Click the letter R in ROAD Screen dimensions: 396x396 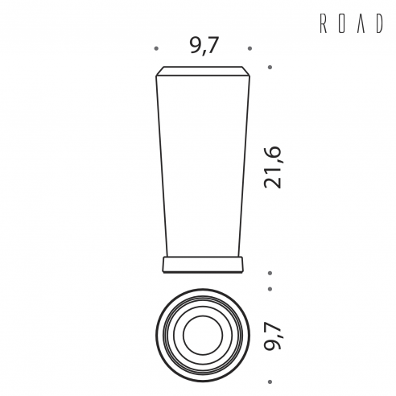click(x=324, y=23)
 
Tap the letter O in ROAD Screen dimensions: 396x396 click(x=342, y=23)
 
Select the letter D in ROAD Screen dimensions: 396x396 click(x=379, y=23)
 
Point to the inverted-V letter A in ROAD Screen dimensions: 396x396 click(x=361, y=23)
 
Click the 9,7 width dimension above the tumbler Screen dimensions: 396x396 click(x=203, y=46)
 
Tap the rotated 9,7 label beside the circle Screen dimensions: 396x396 click(x=273, y=336)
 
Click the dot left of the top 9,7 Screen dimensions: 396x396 click(x=156, y=48)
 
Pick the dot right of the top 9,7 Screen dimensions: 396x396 click(x=250, y=48)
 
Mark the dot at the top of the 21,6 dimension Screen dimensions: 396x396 click(x=270, y=67)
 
